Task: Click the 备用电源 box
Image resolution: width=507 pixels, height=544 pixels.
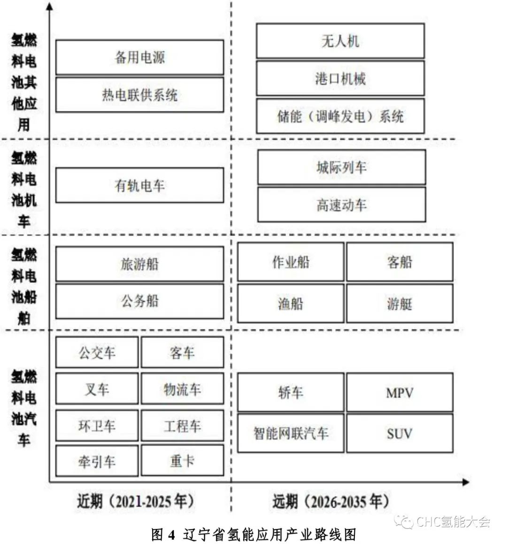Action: [139, 57]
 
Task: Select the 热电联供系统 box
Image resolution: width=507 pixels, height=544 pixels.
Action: [139, 95]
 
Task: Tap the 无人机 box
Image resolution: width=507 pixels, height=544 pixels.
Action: [340, 41]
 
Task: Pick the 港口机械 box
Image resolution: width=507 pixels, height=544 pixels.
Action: [340, 78]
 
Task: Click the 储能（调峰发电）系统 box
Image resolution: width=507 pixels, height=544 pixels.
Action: [340, 116]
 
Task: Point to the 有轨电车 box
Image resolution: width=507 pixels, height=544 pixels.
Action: [139, 185]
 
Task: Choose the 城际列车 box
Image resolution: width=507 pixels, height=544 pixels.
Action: [342, 167]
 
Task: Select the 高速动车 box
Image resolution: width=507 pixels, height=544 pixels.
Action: [342, 205]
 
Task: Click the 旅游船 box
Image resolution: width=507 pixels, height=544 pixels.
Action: [139, 264]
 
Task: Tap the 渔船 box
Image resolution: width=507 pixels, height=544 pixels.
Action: [291, 303]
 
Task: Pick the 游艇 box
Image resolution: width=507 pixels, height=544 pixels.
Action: [399, 303]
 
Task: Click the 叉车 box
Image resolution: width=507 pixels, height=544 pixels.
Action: [97, 389]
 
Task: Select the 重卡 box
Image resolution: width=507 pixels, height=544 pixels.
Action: [183, 461]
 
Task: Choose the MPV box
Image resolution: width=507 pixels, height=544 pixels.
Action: [399, 392]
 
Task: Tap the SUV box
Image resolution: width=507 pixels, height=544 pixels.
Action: [399, 433]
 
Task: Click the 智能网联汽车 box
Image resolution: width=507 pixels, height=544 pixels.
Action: [291, 433]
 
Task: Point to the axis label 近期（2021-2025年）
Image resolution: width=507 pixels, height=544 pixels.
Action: [136, 502]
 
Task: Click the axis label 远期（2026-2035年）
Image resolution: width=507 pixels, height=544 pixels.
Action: [330, 502]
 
